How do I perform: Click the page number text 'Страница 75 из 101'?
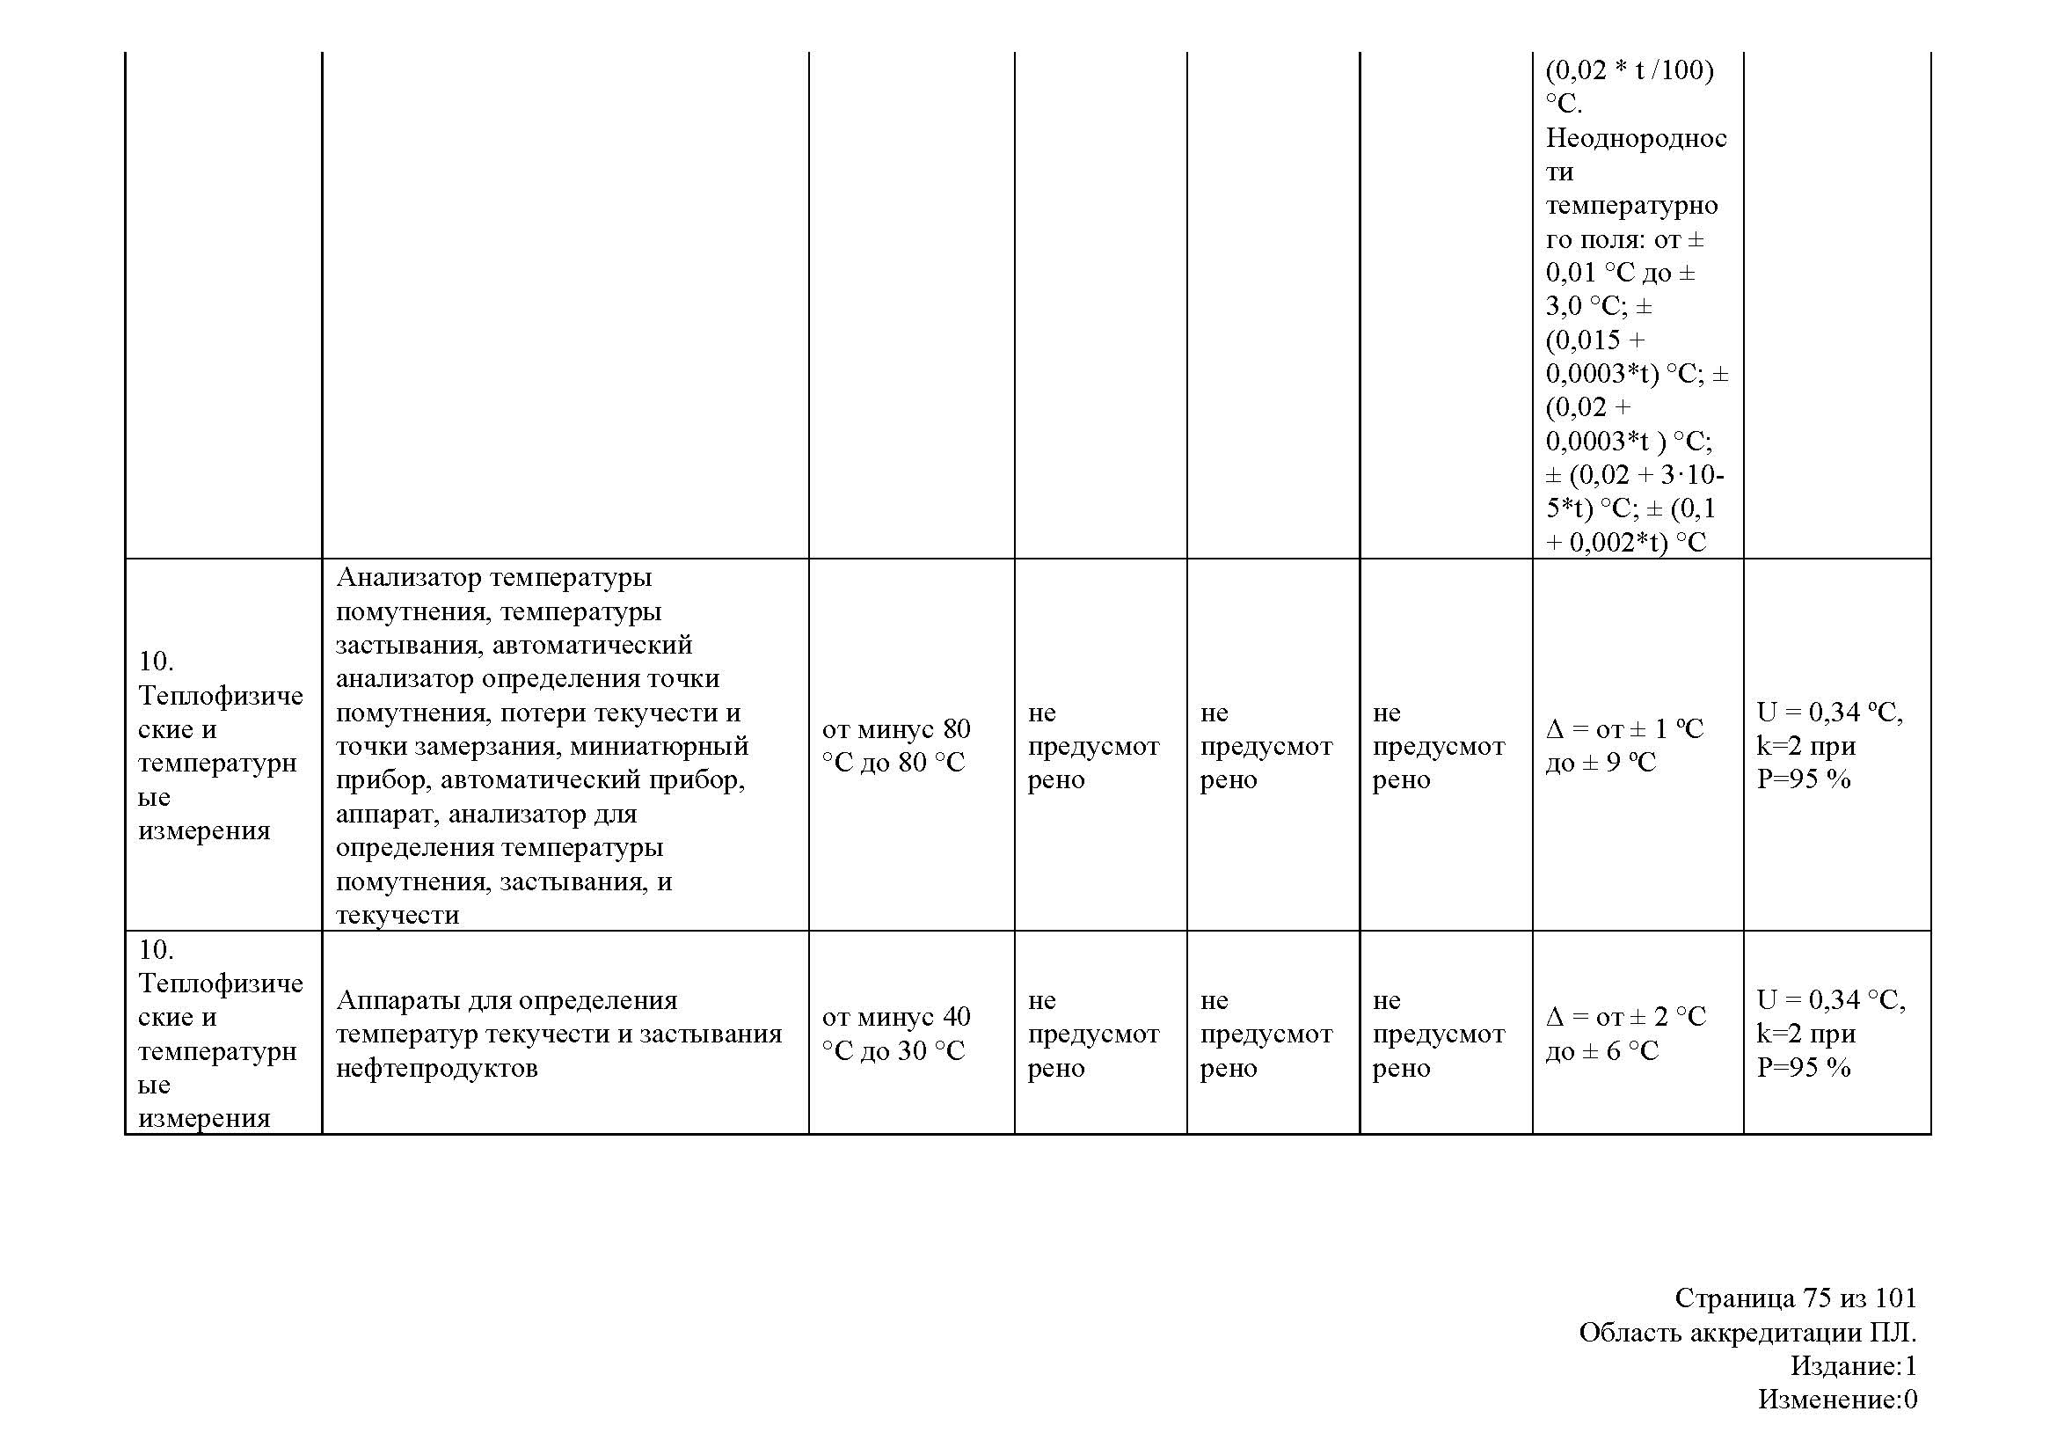pos(1795,1298)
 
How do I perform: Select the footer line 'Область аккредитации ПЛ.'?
pos(1747,1332)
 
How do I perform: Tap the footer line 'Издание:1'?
pos(1853,1365)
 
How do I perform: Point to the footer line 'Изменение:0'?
pos(1836,1399)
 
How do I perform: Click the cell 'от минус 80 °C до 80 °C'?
pos(895,745)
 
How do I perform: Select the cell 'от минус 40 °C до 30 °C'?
pos(895,1033)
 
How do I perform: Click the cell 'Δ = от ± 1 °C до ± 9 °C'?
pos(1624,745)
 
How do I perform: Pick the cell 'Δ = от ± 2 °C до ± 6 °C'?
pos(1625,1033)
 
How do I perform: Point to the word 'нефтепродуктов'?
pos(436,1068)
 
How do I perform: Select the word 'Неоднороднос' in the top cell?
pos(1636,138)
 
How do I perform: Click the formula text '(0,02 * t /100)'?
pos(1630,69)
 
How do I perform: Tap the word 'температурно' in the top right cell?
pos(1631,206)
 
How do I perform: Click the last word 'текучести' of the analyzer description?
pos(397,915)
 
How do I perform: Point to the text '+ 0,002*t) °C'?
pos(1625,542)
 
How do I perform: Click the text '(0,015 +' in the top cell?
pos(1595,340)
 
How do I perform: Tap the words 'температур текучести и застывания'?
pos(558,1034)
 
